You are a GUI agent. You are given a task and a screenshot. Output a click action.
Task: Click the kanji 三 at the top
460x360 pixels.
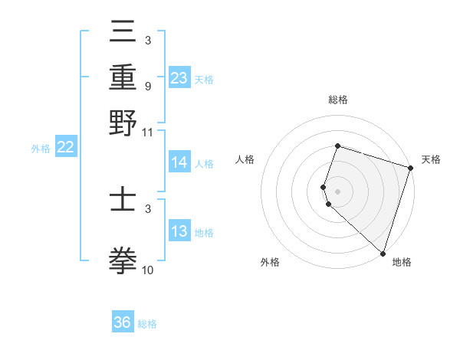123,32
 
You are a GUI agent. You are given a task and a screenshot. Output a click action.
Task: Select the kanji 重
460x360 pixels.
123,77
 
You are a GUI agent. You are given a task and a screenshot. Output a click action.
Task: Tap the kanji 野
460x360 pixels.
123,123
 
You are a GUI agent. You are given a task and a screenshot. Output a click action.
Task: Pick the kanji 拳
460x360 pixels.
123,261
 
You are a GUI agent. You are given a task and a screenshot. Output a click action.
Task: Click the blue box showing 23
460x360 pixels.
179,78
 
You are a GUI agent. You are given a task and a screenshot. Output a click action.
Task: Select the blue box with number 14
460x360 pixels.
179,162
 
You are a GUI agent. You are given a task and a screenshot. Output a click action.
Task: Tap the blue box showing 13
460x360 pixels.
179,231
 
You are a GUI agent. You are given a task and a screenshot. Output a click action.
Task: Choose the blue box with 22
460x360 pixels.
65,148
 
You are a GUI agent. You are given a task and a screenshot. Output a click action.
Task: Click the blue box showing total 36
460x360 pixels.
123,322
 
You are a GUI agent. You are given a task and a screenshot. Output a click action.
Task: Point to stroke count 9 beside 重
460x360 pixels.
147,87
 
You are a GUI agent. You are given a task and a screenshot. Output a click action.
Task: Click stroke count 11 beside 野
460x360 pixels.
147,132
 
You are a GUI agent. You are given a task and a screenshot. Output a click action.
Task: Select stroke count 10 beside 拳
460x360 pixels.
147,270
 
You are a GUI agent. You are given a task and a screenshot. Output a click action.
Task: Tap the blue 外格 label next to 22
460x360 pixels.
40,149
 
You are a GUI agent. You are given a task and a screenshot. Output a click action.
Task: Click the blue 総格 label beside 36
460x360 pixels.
147,324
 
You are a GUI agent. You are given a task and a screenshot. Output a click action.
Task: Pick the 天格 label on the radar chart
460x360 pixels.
431,159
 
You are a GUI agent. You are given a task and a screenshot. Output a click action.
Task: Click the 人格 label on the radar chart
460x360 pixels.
245,159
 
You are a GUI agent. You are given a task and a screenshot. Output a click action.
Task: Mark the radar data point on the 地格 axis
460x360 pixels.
383,253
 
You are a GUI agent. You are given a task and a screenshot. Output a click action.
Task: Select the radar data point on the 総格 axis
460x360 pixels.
337,146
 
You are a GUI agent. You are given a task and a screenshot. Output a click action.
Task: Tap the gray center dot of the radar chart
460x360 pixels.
337,191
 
